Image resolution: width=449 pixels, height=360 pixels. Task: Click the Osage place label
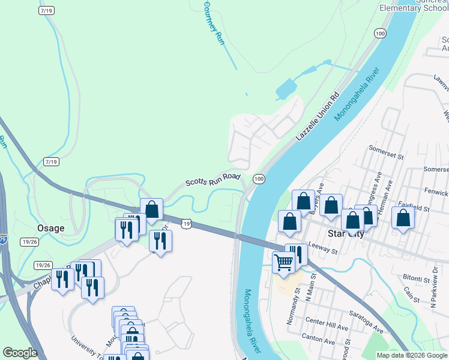(51, 228)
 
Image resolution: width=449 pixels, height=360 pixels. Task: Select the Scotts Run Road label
(212, 179)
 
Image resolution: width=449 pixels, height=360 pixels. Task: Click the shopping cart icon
(283, 262)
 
